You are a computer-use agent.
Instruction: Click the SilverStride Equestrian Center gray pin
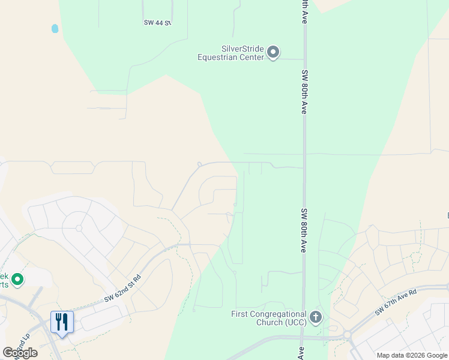point(273,52)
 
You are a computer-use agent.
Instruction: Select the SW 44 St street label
point(157,23)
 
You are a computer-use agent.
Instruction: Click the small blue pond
point(55,28)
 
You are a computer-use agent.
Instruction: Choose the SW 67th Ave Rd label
point(396,304)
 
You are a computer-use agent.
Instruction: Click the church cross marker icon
point(316,317)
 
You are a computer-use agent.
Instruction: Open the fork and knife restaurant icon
point(62,322)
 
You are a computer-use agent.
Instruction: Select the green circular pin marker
point(17,279)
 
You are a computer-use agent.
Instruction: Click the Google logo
point(20,352)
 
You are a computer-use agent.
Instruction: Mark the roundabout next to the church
point(347,334)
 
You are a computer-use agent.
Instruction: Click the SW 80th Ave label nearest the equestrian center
point(304,91)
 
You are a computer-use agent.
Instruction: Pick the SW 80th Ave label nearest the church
point(304,230)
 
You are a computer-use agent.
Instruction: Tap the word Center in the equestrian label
point(253,58)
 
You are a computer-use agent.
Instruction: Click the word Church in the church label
point(269,323)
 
